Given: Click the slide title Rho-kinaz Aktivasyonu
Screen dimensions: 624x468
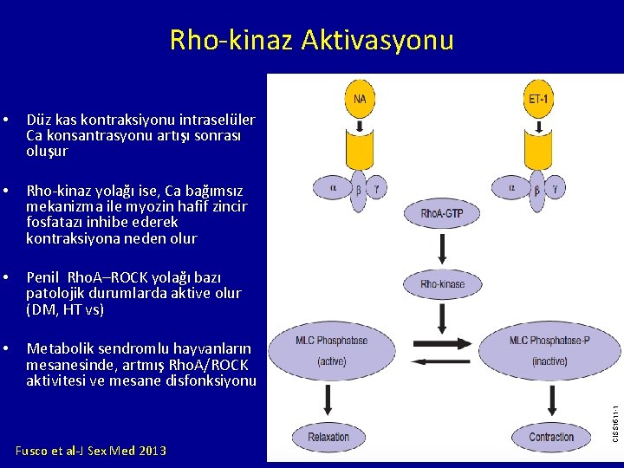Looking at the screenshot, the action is click(311, 40).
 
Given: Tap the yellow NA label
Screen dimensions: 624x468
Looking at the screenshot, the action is click(360, 99).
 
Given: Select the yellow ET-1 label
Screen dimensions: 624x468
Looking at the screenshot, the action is click(538, 99).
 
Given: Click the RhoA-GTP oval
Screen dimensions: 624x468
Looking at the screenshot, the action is click(443, 213).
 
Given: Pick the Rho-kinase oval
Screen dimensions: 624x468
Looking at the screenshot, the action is click(443, 284).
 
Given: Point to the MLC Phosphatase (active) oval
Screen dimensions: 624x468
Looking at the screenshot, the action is click(332, 350).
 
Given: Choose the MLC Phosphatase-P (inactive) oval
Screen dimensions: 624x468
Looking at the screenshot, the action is click(549, 350).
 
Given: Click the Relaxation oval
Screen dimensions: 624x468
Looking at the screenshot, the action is click(328, 437).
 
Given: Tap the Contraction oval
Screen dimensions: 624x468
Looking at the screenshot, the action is click(551, 437).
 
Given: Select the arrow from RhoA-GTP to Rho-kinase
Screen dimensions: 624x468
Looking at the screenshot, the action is click(443, 249).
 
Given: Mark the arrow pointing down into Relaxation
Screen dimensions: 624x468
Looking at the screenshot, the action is click(329, 400).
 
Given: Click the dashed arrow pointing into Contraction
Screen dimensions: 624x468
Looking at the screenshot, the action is click(551, 400).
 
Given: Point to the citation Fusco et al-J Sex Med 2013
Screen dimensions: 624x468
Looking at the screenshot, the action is click(91, 451).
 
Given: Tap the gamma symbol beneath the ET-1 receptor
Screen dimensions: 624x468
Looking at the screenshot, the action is click(556, 186).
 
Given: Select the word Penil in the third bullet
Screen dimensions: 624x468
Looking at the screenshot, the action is click(43, 278).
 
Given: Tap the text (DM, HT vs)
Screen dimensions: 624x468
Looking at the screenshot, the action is click(65, 309).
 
